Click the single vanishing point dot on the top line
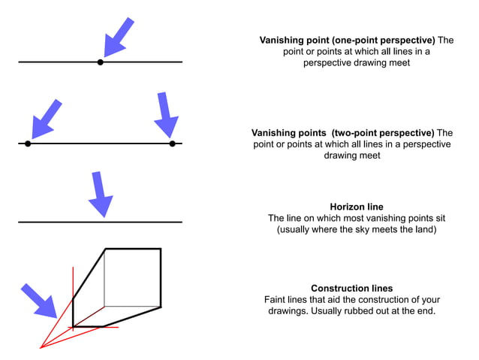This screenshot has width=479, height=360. pos(101,62)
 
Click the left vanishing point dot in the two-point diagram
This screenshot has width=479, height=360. pos(28,143)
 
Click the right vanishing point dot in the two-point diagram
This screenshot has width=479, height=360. pos(172,143)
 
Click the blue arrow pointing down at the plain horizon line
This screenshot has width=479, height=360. pos(99,195)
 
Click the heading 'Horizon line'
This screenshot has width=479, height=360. pos(356,206)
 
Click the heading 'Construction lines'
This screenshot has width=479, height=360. pos(351,288)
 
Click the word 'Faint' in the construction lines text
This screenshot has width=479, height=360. pos(277,299)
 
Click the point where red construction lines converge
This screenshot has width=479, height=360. pos(40,348)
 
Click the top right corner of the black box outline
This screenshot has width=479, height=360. pos(161,249)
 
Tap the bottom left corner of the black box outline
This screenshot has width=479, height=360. pos(73,326)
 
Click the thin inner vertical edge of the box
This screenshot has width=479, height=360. pos(104,278)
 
